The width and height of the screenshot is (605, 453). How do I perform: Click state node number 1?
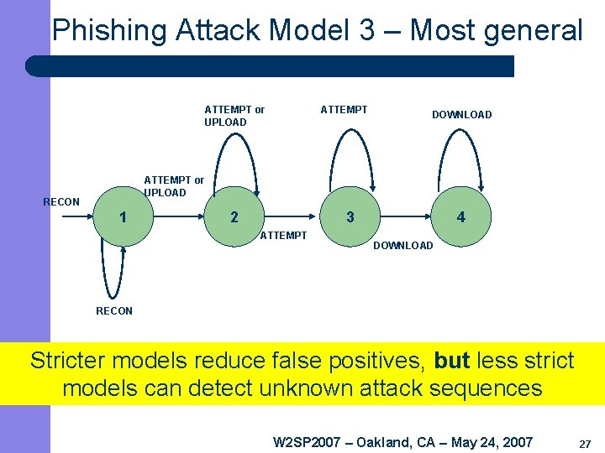(x=124, y=217)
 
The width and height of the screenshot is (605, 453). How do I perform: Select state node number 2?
(x=234, y=217)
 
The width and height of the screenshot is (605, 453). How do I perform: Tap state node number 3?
(x=350, y=217)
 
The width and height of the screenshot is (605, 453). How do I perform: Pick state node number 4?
(x=460, y=217)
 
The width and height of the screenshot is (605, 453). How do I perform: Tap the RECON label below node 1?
(x=114, y=311)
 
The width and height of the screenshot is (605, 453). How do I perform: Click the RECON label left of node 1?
(x=61, y=201)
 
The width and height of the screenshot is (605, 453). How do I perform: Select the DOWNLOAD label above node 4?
(x=461, y=115)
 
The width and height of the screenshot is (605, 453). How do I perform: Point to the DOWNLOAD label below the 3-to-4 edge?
(x=402, y=246)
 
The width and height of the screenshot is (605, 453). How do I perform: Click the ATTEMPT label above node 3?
(x=344, y=109)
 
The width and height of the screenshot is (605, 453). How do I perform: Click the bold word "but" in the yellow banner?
(x=452, y=361)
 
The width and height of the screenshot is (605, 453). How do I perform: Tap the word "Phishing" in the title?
(x=110, y=31)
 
